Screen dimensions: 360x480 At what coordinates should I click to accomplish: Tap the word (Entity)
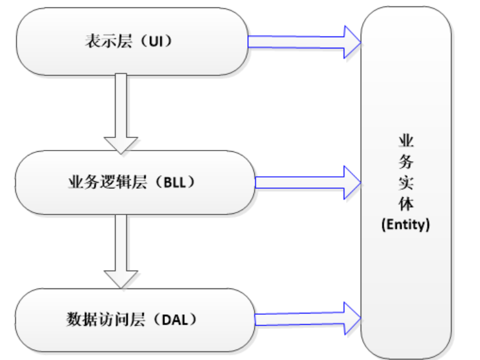(x=405, y=225)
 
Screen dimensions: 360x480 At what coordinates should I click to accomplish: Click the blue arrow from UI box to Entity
(x=304, y=41)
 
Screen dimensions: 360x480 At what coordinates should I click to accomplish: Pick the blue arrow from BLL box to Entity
(x=307, y=182)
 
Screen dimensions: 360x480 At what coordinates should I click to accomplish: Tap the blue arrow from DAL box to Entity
(x=307, y=317)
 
